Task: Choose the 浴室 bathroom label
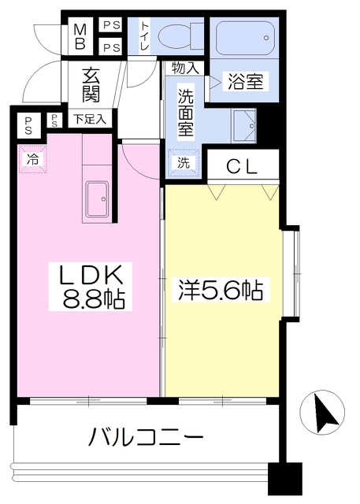click(x=245, y=82)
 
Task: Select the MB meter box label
click(x=80, y=35)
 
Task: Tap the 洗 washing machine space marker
click(x=183, y=163)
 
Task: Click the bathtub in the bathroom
click(x=242, y=35)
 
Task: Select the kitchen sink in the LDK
click(x=99, y=199)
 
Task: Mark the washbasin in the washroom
click(x=245, y=124)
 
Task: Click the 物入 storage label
click(x=184, y=69)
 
